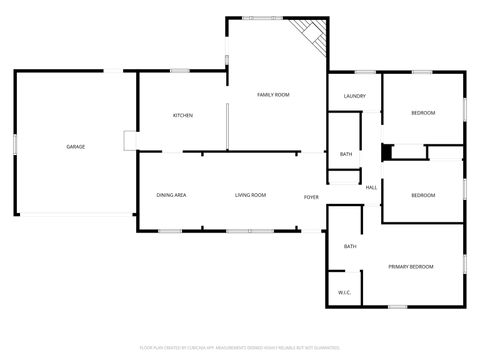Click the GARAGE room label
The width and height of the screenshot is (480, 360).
pos(75,147)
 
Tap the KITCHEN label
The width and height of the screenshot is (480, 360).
pos(183,116)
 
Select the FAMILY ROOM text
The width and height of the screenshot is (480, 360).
pos(273,94)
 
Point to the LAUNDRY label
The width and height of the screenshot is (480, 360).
pos(354,96)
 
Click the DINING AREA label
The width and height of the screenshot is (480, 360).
pos(171,194)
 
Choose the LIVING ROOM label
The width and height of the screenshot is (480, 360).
pos(250,194)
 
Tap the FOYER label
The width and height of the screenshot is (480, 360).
pos(311,197)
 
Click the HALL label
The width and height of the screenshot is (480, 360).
pos(370,188)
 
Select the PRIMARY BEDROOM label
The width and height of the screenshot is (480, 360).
pos(411,266)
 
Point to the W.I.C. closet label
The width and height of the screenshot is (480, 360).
pos(343,292)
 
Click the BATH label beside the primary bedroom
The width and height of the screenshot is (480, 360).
pos(350,246)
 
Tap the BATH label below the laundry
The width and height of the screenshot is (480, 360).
pos(345,154)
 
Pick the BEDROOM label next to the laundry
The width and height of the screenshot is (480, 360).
pos(423,113)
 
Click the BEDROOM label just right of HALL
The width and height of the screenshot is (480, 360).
pos(423,194)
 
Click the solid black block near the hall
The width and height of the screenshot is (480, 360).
pos(387,152)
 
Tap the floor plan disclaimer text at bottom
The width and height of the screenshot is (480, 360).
pos(240,347)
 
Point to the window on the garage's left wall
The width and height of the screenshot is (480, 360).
pos(14,144)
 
